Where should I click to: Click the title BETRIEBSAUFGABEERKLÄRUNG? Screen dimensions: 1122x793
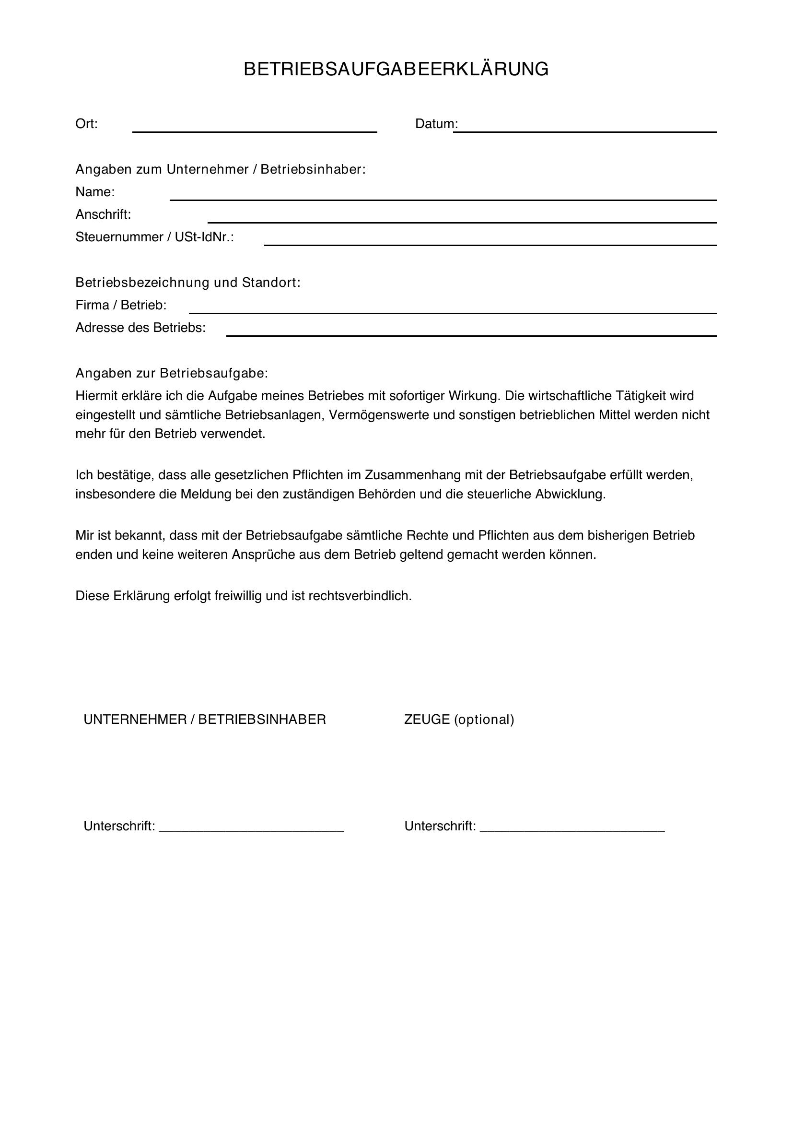(396, 70)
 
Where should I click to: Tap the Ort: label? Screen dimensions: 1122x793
(86, 124)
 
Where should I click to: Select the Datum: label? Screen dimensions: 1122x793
(436, 124)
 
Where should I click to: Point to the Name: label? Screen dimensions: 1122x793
(95, 192)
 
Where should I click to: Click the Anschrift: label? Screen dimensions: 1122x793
(103, 214)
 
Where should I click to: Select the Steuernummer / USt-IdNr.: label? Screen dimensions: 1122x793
(154, 237)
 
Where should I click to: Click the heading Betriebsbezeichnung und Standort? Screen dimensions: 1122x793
(187, 283)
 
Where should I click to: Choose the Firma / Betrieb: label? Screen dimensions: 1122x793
(121, 306)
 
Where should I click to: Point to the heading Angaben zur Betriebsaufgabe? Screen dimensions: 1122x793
(171, 373)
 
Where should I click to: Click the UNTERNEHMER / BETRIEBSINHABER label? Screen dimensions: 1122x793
(205, 720)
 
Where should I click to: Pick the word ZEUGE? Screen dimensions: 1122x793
(427, 720)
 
